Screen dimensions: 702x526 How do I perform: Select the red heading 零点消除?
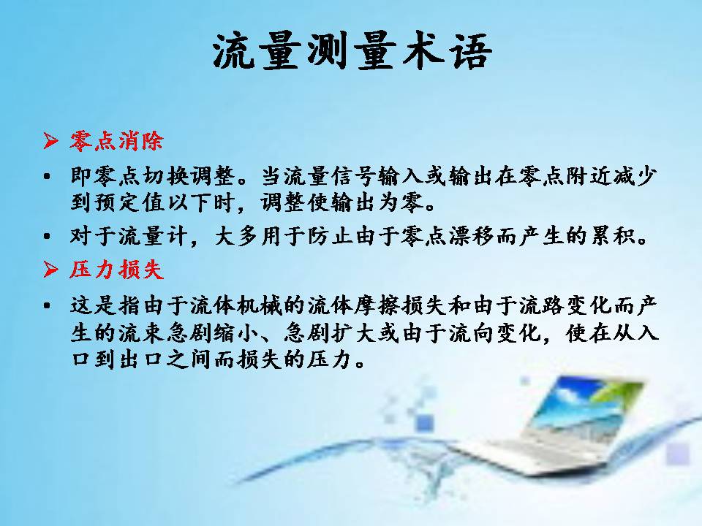116,141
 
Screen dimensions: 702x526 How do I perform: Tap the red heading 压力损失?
116,270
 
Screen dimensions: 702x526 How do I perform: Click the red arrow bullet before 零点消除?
50,141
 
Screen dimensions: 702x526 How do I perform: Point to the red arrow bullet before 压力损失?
50,270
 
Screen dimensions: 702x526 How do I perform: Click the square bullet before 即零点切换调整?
47,177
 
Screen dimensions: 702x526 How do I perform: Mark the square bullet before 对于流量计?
47,236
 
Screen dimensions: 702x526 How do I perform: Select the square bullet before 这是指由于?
47,306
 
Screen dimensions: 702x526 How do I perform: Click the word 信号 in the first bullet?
354,176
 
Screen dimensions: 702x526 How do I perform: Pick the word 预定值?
129,202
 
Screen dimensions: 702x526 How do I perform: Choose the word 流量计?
152,236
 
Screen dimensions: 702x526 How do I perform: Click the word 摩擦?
377,306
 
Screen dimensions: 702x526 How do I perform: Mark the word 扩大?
354,333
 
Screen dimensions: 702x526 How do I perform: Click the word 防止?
330,236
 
